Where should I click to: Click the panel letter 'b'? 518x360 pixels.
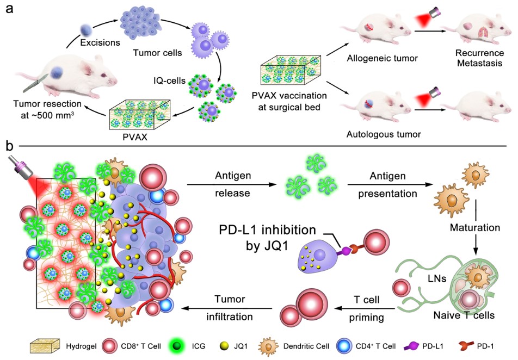click(x=9, y=146)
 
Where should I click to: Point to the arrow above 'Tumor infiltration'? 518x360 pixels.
click(x=229, y=308)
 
